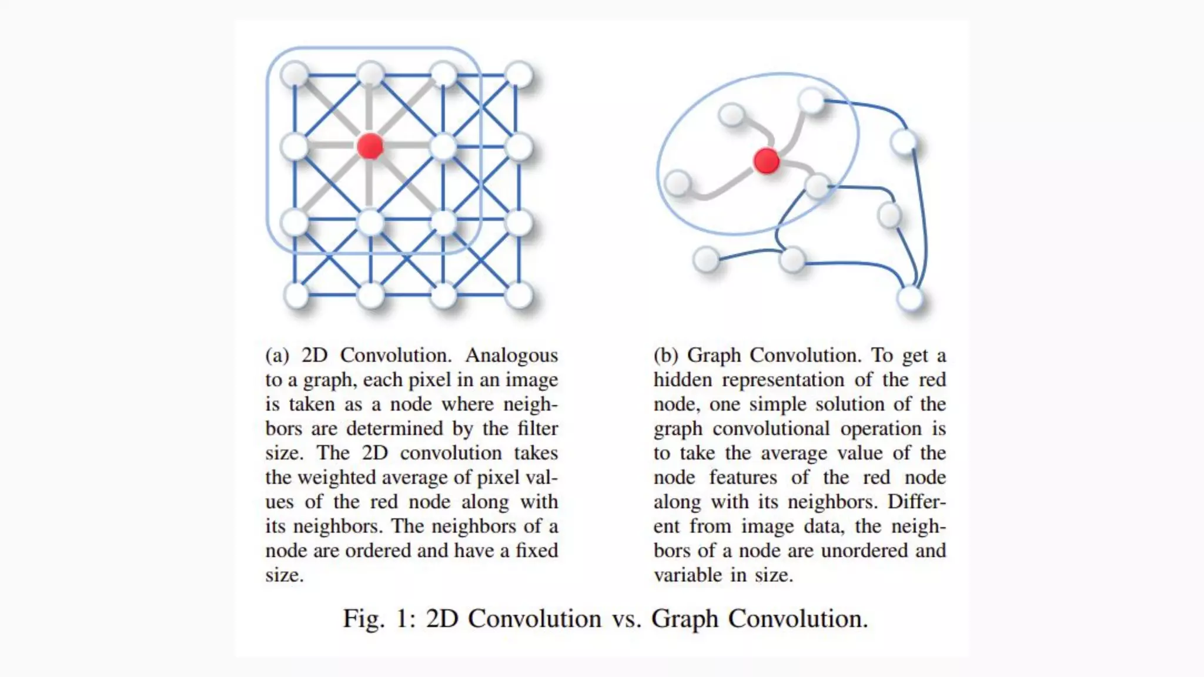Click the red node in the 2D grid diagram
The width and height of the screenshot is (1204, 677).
pos(370,146)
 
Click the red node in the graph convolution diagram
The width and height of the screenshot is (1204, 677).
pos(766,160)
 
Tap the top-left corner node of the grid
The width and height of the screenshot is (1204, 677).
pos(295,75)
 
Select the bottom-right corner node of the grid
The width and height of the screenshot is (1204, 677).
pos(519,295)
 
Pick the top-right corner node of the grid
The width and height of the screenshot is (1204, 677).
pos(519,75)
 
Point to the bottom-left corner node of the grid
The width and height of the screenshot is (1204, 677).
pos(296,295)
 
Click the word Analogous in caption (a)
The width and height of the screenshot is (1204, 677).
pos(511,356)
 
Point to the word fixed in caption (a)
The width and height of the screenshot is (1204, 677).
pos(536,551)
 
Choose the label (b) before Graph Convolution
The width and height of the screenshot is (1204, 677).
pos(666,356)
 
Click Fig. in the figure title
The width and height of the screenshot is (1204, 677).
pos(364,619)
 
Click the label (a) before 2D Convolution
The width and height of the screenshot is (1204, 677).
pos(277,356)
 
